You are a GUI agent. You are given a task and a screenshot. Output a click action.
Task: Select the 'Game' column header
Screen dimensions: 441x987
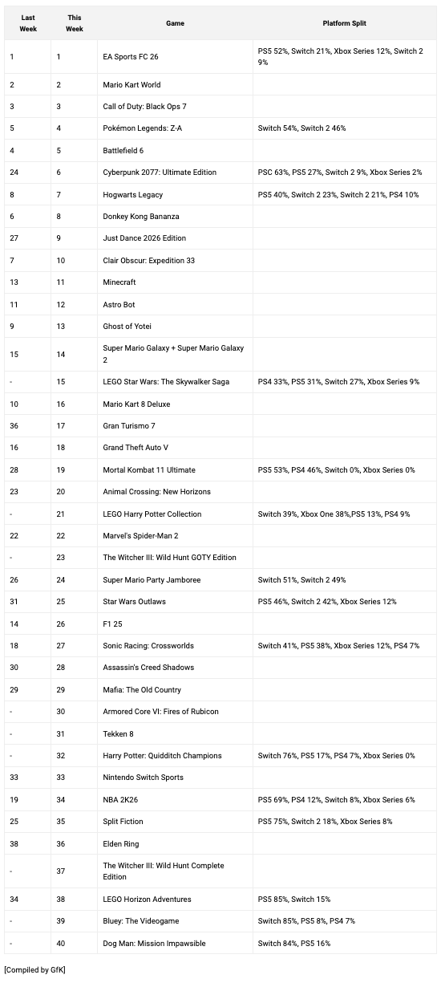click(175, 23)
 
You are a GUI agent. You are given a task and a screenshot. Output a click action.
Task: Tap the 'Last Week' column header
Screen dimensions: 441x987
click(28, 23)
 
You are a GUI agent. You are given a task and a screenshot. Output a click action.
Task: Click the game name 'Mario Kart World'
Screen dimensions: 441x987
click(132, 84)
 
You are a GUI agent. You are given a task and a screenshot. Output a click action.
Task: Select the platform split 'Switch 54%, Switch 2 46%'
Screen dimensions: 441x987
click(302, 128)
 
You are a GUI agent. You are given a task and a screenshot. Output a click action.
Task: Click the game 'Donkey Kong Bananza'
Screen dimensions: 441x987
click(141, 217)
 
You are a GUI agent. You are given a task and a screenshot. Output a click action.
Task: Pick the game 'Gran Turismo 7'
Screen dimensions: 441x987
click(129, 426)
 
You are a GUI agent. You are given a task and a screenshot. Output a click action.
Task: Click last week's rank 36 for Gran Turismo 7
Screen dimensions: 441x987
click(14, 426)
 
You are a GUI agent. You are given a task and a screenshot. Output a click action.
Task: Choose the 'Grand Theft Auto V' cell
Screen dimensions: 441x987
click(136, 448)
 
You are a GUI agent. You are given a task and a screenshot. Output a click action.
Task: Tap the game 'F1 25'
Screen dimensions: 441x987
click(112, 623)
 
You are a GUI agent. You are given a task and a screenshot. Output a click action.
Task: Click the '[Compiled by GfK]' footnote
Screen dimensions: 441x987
click(35, 970)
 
